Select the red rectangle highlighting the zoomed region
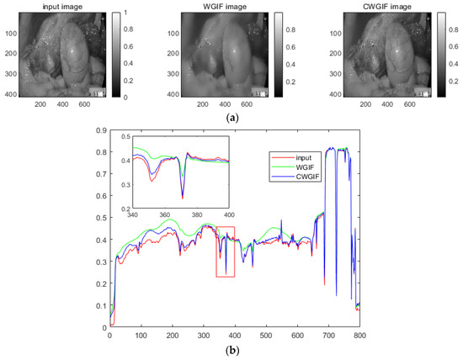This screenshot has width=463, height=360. click(225, 251)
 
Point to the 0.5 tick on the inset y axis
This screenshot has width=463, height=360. click(125, 136)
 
